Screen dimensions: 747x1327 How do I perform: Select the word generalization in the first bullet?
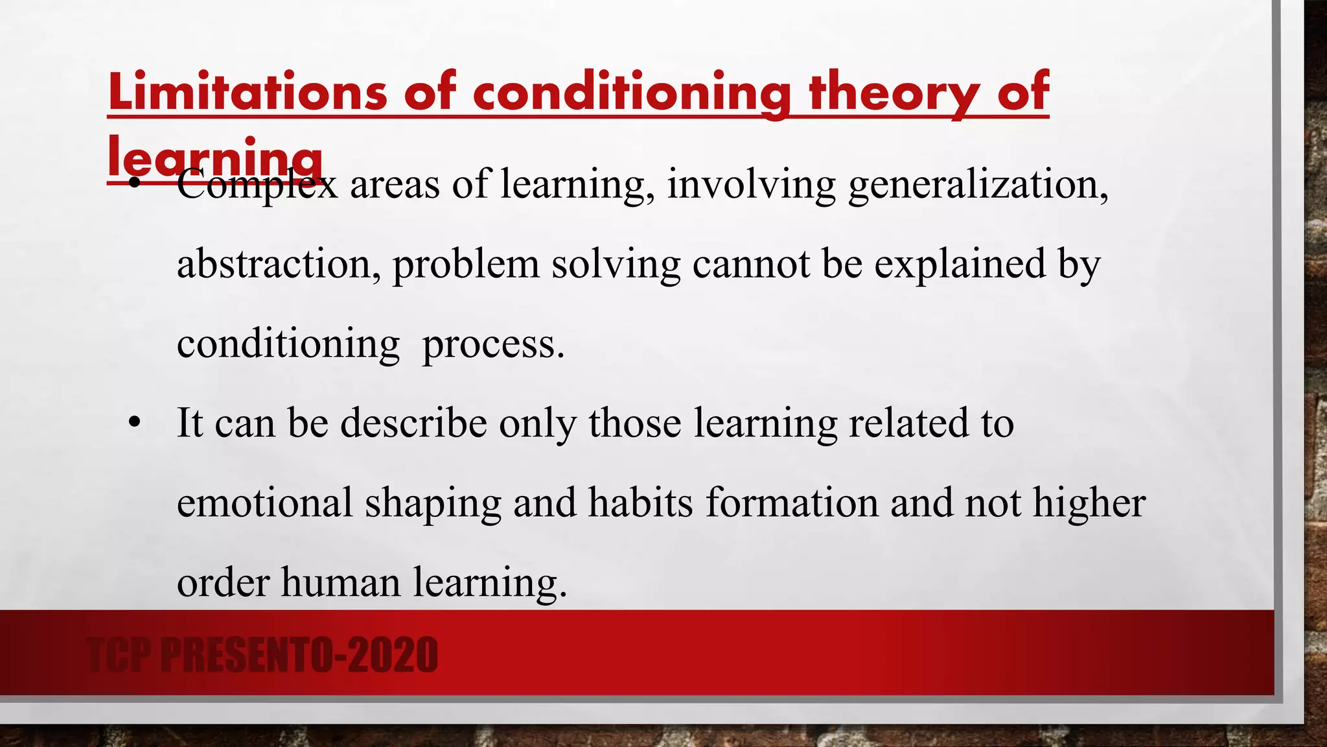(x=978, y=184)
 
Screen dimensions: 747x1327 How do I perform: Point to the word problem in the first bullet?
(x=465, y=265)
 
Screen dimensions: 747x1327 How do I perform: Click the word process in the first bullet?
(x=493, y=344)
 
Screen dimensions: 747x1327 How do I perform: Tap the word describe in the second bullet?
(x=413, y=423)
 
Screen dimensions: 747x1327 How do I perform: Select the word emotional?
(x=265, y=503)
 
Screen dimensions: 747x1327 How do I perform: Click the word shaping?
(x=433, y=504)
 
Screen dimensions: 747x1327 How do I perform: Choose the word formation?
(x=791, y=503)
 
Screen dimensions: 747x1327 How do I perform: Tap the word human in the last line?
(x=341, y=582)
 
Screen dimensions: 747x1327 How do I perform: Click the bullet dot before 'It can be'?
(x=134, y=424)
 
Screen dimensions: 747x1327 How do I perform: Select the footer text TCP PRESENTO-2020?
(x=262, y=655)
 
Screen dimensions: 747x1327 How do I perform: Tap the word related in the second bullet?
(x=908, y=423)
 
